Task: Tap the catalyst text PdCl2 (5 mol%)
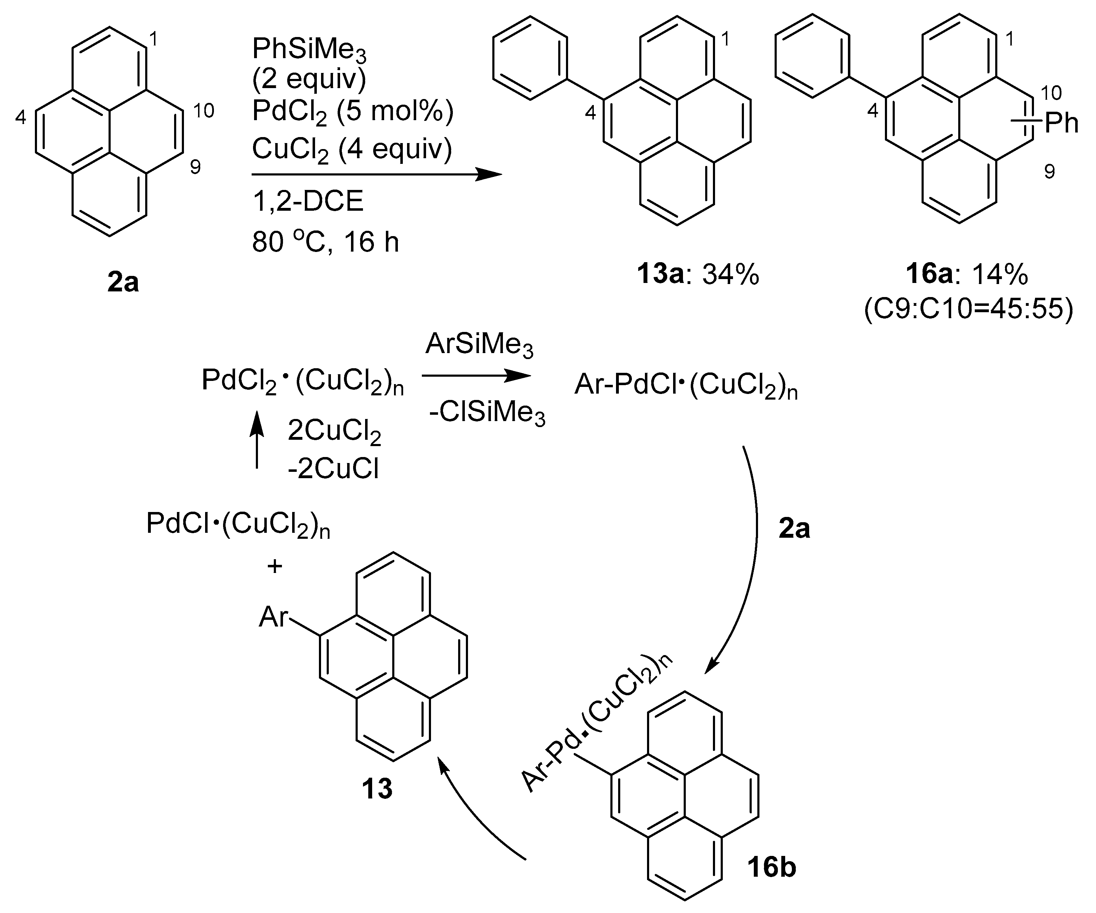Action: [353, 112]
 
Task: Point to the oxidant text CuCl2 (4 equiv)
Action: [352, 150]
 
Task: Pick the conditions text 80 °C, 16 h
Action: [325, 242]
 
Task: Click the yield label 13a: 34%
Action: [698, 274]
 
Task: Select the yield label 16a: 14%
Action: [967, 274]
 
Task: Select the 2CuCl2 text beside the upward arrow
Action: [334, 433]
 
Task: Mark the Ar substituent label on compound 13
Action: [273, 617]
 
